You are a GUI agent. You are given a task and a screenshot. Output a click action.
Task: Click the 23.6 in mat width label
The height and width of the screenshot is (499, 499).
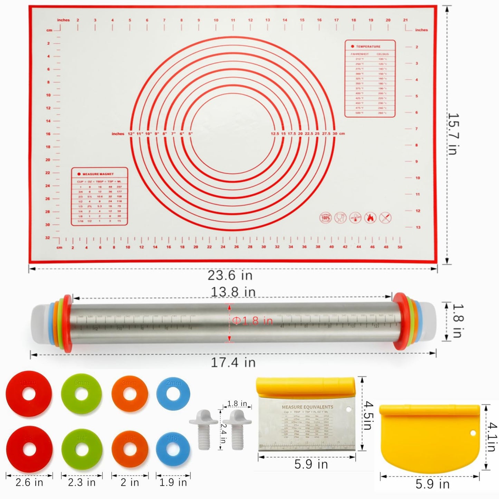tap(230, 275)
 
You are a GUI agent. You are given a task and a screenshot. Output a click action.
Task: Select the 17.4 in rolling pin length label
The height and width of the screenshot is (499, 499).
tap(233, 362)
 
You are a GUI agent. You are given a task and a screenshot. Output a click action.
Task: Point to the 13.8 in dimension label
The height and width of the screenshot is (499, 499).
tap(233, 292)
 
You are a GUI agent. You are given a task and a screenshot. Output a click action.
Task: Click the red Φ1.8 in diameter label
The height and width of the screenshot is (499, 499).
tap(252, 321)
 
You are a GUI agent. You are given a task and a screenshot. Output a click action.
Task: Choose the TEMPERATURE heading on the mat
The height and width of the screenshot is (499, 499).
tap(368, 46)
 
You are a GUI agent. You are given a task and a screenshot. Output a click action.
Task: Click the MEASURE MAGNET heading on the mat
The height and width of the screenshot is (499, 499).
tap(98, 174)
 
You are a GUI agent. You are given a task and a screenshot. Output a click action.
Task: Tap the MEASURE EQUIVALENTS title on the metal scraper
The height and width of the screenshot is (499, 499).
tap(307, 407)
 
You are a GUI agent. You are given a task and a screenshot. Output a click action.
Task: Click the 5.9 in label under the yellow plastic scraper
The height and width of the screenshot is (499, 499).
tap(432, 484)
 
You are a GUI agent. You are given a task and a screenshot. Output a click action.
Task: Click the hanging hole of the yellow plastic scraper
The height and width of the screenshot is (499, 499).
tap(472, 433)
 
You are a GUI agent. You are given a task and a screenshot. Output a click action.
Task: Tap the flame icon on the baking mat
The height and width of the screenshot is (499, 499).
tap(370, 218)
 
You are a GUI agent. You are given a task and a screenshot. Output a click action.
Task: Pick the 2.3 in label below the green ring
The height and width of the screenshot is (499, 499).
tap(81, 482)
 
